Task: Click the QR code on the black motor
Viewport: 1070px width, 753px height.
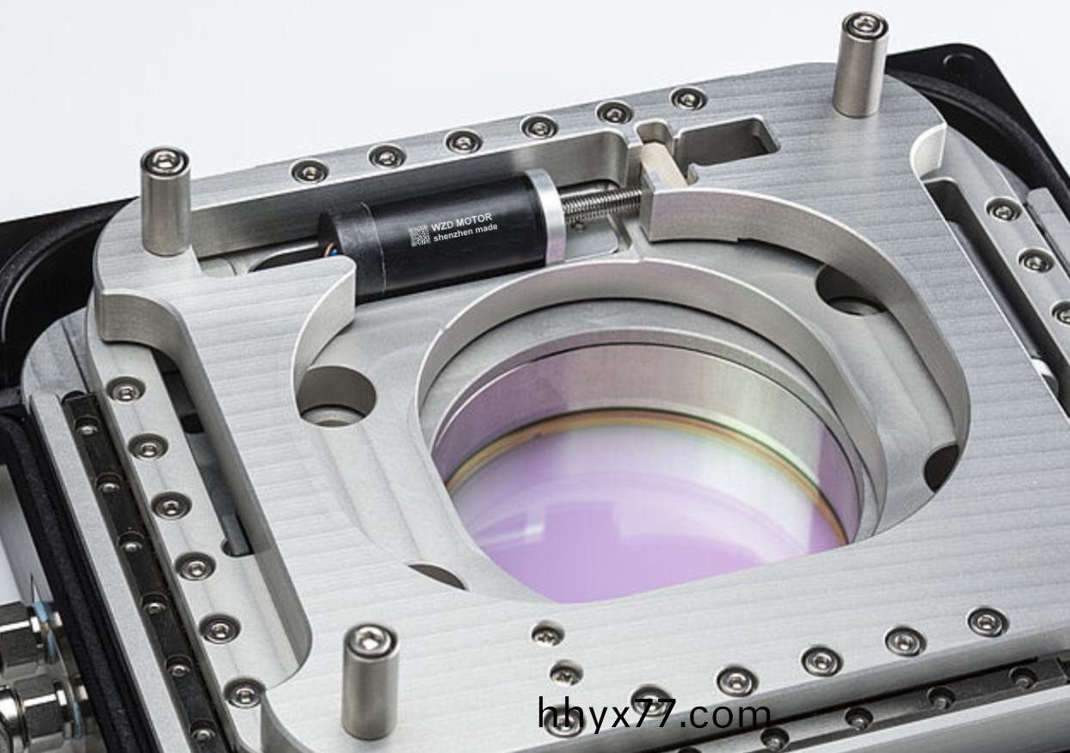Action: [420, 236]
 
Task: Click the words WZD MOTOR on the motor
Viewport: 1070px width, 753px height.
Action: [461, 221]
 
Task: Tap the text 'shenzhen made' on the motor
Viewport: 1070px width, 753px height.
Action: [465, 233]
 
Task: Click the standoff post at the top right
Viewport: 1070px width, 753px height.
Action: [859, 65]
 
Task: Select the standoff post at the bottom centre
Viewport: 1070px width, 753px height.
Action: [372, 682]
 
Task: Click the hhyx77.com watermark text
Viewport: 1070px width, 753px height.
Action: [654, 713]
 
